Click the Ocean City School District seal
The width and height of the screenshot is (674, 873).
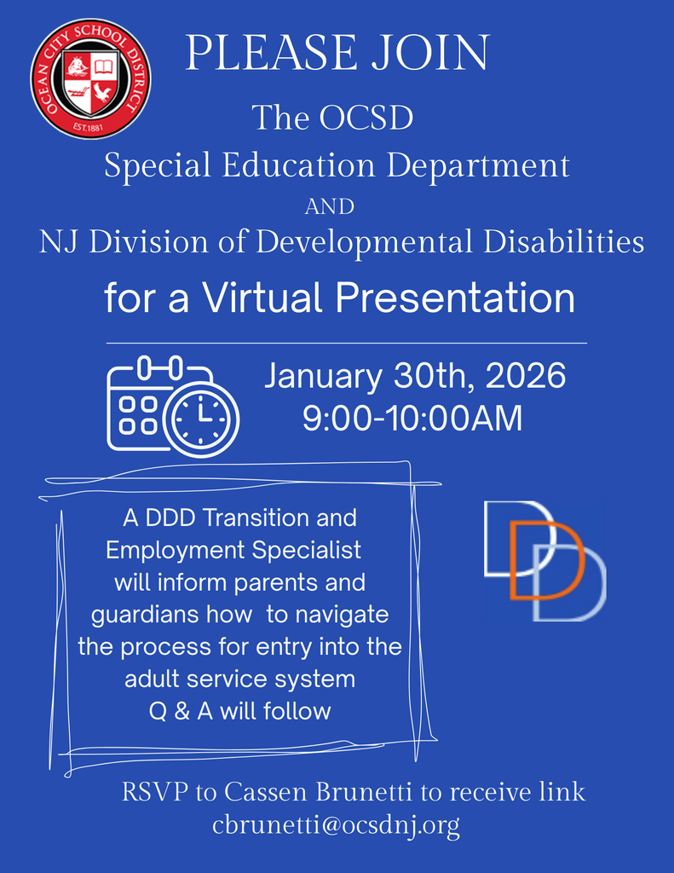tap(90, 78)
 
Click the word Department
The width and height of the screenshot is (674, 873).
tap(478, 165)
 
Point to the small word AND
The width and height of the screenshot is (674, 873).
tap(329, 206)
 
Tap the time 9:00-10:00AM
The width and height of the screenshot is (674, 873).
tap(412, 419)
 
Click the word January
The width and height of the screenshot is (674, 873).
tap(324, 376)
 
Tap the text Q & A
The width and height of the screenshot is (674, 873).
tap(181, 710)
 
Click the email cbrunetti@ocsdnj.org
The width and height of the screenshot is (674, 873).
tap(336, 825)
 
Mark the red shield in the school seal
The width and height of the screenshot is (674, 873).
tap(90, 83)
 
